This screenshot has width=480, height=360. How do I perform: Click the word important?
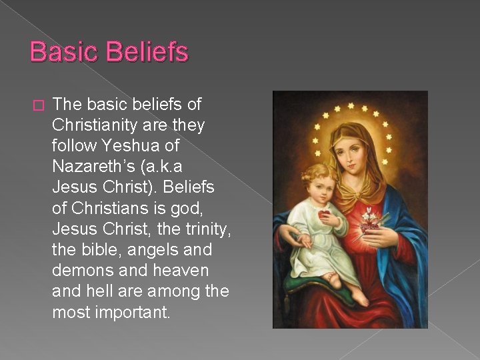coord(133,312)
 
